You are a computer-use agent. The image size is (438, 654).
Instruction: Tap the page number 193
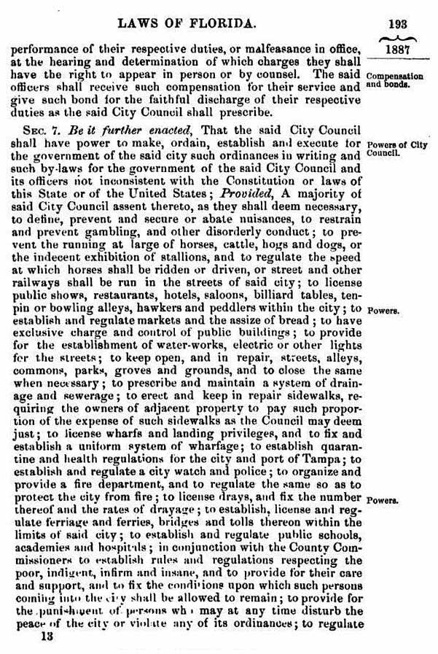click(397, 24)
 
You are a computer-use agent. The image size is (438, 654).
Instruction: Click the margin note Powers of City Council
click(396, 149)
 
